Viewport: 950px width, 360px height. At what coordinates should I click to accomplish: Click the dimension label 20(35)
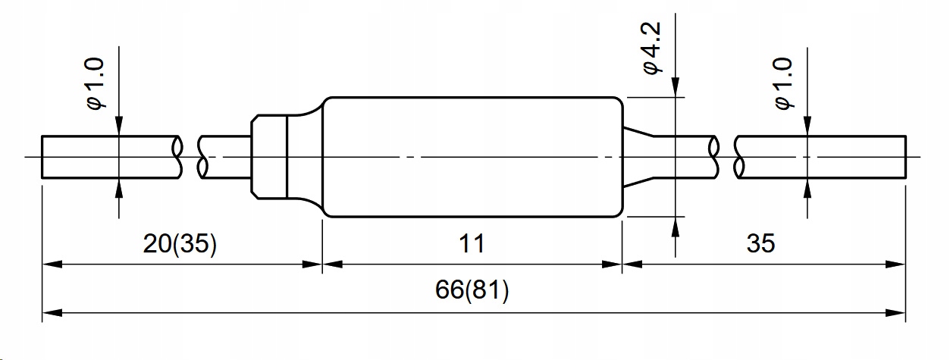[x=180, y=244]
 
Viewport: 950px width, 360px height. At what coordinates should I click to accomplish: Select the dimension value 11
[x=472, y=244]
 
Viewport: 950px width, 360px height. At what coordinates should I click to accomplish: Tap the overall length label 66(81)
[x=472, y=291]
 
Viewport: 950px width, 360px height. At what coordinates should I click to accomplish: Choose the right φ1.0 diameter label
[x=785, y=83]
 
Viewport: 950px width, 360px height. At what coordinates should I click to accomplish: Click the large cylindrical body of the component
[x=472, y=157]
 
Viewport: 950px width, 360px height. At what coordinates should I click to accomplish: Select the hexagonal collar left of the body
[x=269, y=157]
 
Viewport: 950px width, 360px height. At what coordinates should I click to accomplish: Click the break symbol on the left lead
[x=190, y=157]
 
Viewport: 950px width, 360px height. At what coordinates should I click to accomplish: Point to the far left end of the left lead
[x=43, y=157]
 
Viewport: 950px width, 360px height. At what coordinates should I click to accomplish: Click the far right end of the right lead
[x=905, y=157]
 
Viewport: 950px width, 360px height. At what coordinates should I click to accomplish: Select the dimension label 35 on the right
[x=761, y=244]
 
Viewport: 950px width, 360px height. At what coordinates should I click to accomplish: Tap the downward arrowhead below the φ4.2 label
[x=674, y=89]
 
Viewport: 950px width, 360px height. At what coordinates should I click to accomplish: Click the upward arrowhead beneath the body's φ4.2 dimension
[x=674, y=226]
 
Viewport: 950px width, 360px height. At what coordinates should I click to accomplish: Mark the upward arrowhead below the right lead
[x=807, y=188]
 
